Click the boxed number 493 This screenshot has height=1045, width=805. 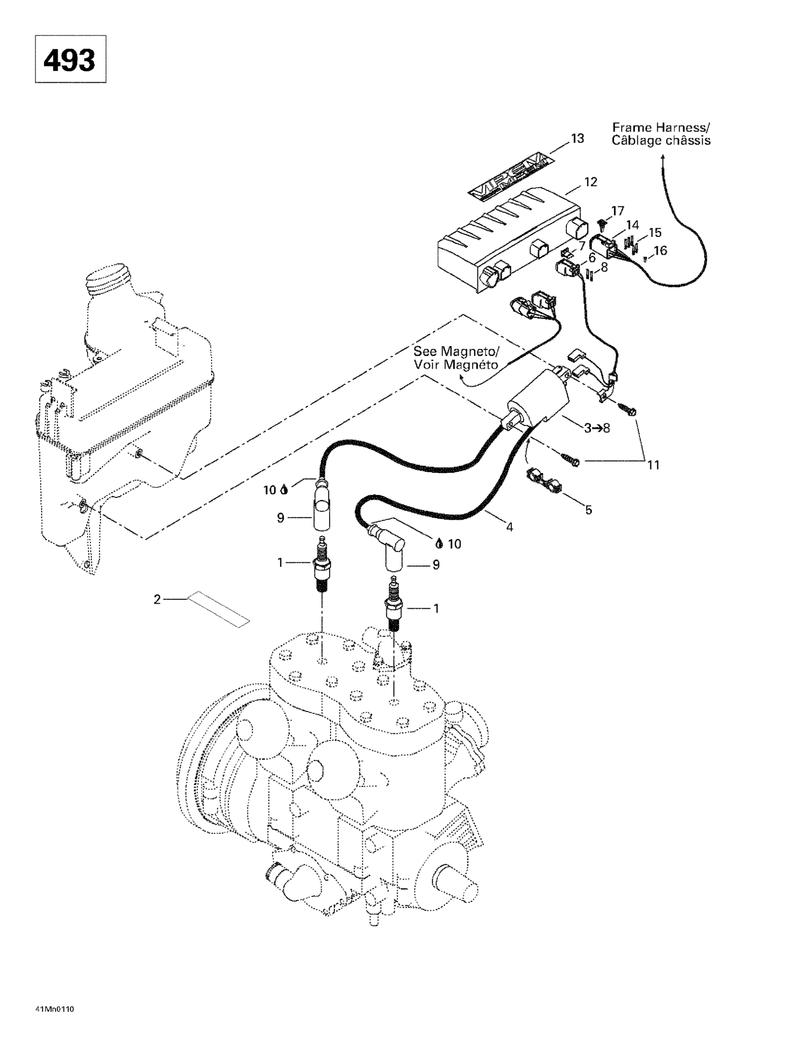coord(70,60)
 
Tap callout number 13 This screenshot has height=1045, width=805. coord(577,138)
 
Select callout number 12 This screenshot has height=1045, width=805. coord(590,182)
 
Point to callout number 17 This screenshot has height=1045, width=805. coord(617,210)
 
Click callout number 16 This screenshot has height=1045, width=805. coord(660,250)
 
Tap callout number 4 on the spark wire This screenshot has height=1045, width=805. coord(510,527)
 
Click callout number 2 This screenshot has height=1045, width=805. coord(157,599)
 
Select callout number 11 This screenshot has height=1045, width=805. coord(653,465)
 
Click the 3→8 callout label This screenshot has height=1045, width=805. coord(597,428)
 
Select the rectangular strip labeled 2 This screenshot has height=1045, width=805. coord(219,609)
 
